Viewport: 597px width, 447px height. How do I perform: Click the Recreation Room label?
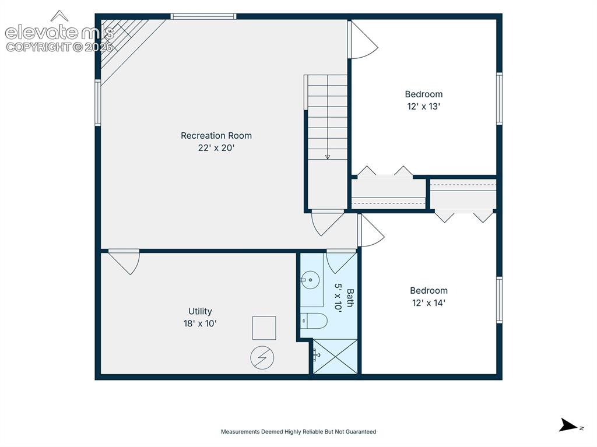tap(216, 136)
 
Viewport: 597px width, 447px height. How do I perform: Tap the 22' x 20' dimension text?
tap(216, 147)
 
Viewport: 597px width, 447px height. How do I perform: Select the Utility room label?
tap(200, 311)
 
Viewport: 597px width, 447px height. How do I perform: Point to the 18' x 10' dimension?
tap(200, 323)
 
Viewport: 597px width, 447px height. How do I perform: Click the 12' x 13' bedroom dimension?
tap(424, 107)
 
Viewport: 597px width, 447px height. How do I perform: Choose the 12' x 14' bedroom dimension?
tap(429, 303)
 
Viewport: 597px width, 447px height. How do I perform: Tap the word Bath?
tap(350, 298)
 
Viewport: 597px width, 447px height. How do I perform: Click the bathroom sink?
tap(310, 280)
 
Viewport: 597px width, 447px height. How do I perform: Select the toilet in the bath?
tap(314, 321)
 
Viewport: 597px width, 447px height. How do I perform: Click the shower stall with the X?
tap(335, 357)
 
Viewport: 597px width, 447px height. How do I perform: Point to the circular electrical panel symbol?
tap(262, 357)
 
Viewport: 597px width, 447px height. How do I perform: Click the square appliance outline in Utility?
tap(264, 328)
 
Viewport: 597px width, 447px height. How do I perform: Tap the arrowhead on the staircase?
tap(328, 157)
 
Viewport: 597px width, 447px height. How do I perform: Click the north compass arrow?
tap(568, 425)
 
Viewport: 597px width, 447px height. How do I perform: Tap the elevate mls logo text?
tap(59, 33)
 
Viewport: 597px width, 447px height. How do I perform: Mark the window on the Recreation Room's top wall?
tap(203, 16)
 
